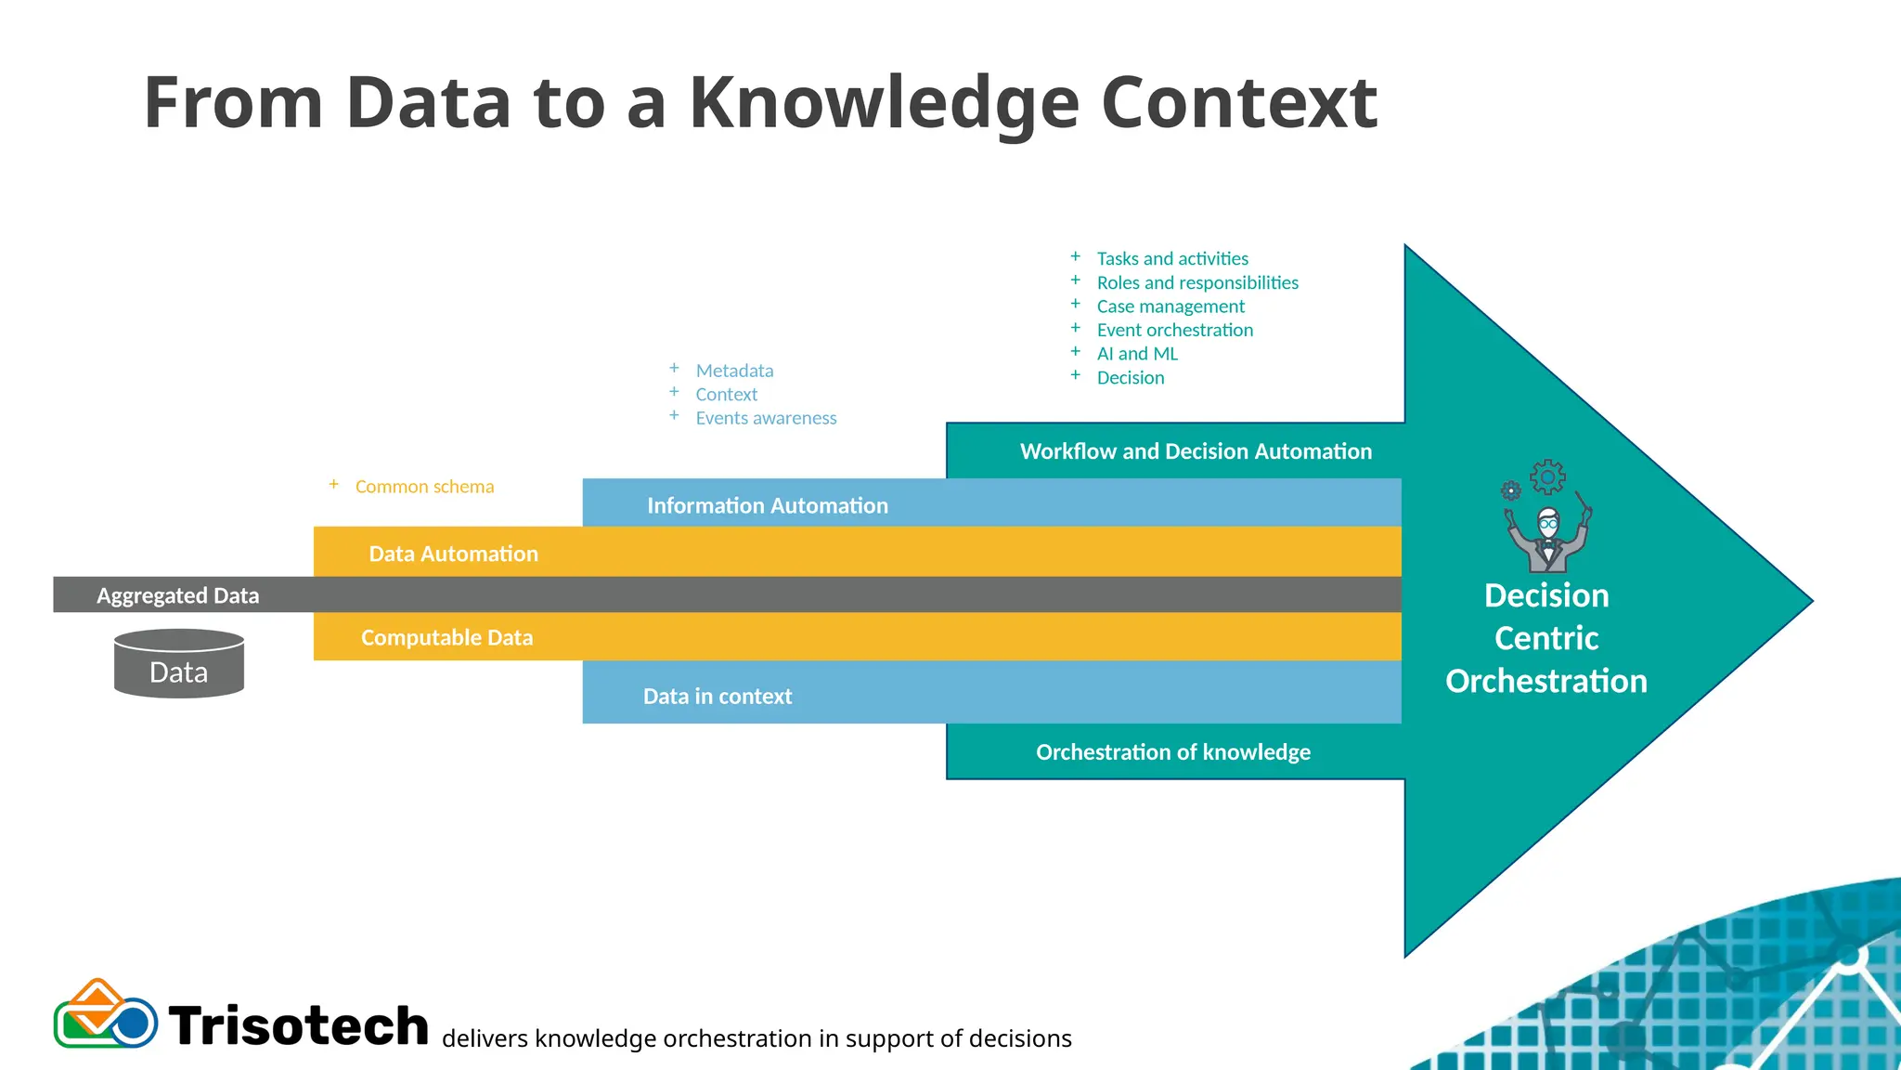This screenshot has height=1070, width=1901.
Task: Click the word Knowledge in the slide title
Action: [x=884, y=104]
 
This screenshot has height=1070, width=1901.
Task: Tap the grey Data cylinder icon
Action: [x=179, y=663]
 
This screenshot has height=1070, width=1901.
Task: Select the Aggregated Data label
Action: [x=177, y=595]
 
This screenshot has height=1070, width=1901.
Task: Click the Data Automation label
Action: [x=453, y=554]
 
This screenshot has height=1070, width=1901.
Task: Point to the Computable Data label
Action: [x=446, y=637]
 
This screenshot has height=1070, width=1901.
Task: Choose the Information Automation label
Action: [x=767, y=505]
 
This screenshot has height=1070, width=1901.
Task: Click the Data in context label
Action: [x=718, y=696]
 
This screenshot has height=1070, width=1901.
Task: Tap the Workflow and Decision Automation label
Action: [x=1196, y=451]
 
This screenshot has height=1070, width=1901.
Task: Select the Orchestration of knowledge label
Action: [x=1173, y=751]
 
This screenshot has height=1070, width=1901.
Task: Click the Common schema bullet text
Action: [x=424, y=487]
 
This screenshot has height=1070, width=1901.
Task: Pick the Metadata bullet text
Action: [x=734, y=371]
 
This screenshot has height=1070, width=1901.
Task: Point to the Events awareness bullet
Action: [x=766, y=418]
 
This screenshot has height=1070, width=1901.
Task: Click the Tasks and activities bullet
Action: [x=1172, y=258]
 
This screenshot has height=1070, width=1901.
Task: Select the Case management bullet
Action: [x=1170, y=307]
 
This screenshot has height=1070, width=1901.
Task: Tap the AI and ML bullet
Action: [x=1137, y=354]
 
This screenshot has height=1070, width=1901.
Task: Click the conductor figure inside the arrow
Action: [x=1547, y=539]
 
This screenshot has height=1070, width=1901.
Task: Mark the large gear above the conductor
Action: [x=1547, y=477]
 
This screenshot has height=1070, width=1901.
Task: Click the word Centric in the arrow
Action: [x=1546, y=638]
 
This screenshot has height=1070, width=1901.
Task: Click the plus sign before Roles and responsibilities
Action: [x=1075, y=281]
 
